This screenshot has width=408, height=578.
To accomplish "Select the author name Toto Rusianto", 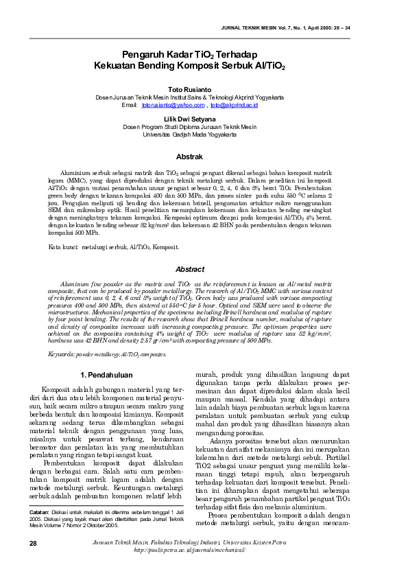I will (x=190, y=89).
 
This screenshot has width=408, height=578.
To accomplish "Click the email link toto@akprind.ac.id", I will (x=234, y=105).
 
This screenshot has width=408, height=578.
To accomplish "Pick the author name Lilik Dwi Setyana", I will (x=190, y=118).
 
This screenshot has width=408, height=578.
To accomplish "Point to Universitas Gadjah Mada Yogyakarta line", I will (x=190, y=135).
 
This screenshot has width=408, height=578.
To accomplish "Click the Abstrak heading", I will (x=190, y=157).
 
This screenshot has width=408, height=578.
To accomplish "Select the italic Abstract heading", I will (x=190, y=269).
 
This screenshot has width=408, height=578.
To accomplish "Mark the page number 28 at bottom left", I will (x=33, y=562).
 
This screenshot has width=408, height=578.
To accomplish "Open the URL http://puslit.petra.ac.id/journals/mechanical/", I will (x=204, y=569).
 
